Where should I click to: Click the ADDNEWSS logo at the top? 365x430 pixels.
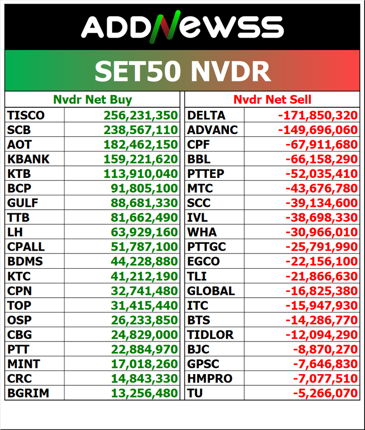182,26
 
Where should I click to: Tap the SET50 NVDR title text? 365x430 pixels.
182,71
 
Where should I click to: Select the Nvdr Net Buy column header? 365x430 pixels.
92,99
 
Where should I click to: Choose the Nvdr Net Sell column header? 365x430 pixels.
272,99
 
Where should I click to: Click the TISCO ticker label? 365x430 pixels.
26,115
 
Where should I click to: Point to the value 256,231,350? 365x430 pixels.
141,115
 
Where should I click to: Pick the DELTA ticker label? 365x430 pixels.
206,115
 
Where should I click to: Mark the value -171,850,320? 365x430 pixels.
318,115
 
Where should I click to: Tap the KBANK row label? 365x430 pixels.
28,159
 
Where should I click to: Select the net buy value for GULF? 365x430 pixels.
144,203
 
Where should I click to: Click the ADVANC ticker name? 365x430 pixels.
212,130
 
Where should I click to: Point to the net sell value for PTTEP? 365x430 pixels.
321,174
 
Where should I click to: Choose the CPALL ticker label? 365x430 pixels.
26,247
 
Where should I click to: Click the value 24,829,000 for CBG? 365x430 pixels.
144,334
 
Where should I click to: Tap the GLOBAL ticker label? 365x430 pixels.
211,291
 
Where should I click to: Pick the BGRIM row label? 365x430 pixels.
28,393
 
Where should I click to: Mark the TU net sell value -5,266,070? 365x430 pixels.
325,393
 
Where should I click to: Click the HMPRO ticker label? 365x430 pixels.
210,379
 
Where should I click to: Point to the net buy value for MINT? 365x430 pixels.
144,364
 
